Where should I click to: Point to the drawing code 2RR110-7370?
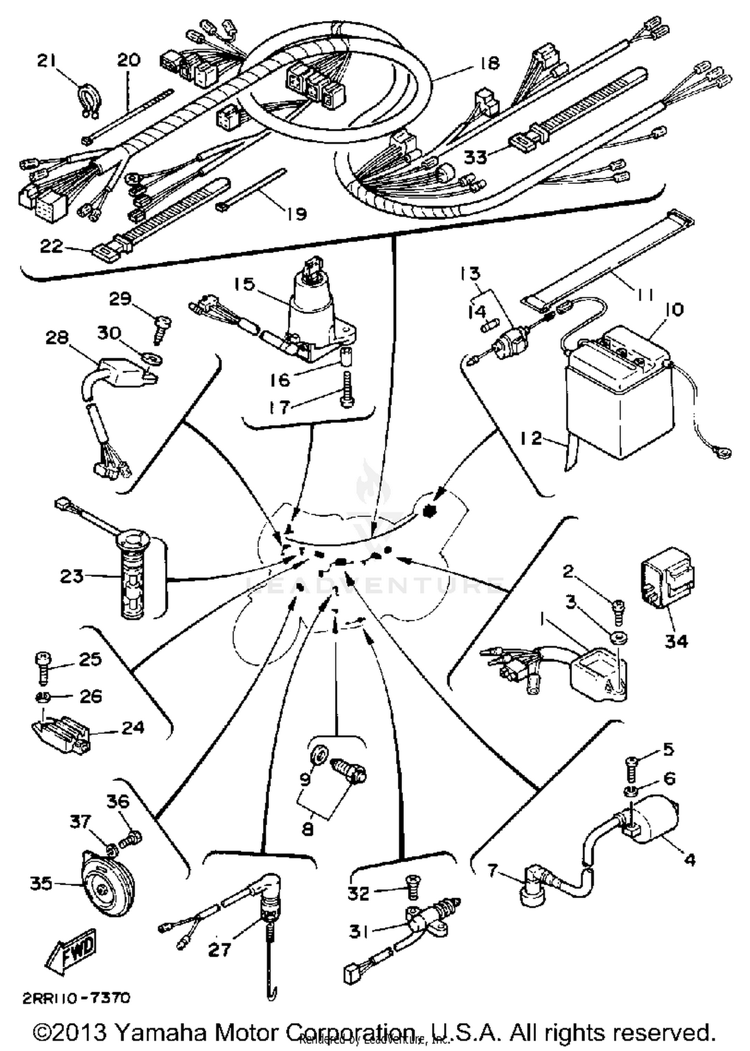coord(76,998)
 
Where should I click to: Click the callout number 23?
coord(70,575)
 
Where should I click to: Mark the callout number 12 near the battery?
coord(530,439)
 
